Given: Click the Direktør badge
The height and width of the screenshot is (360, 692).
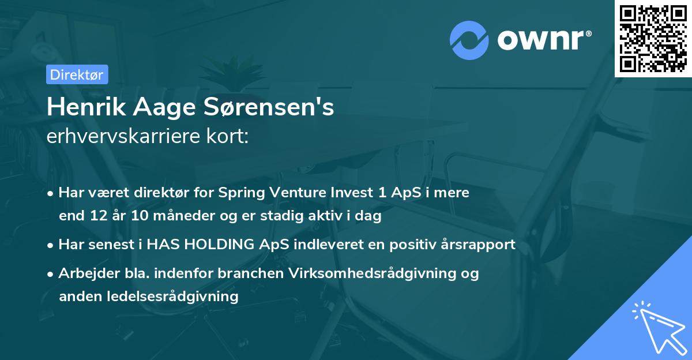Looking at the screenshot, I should [x=77, y=74].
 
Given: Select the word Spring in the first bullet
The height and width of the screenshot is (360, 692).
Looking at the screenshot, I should [x=238, y=193].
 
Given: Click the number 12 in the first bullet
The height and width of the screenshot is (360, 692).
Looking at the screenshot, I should [x=97, y=216].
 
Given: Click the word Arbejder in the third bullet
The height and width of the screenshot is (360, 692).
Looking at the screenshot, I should [x=84, y=273].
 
